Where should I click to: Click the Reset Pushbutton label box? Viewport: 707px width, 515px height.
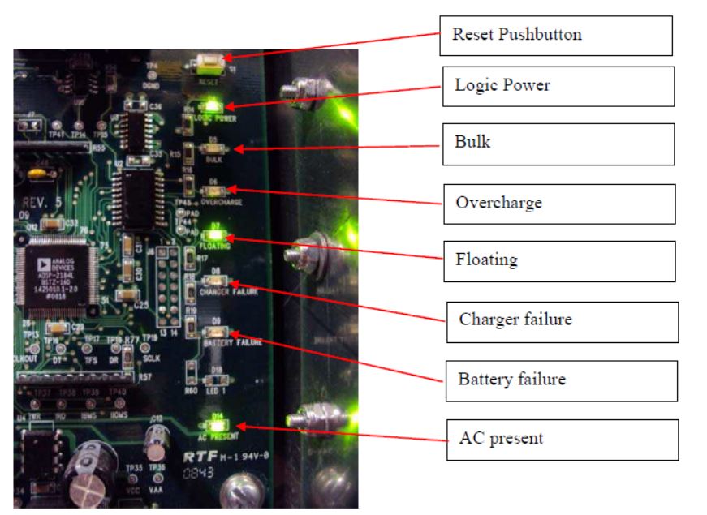coord(557,36)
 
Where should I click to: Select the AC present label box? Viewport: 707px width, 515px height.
coord(562,439)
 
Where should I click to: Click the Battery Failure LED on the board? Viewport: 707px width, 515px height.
coord(218,333)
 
